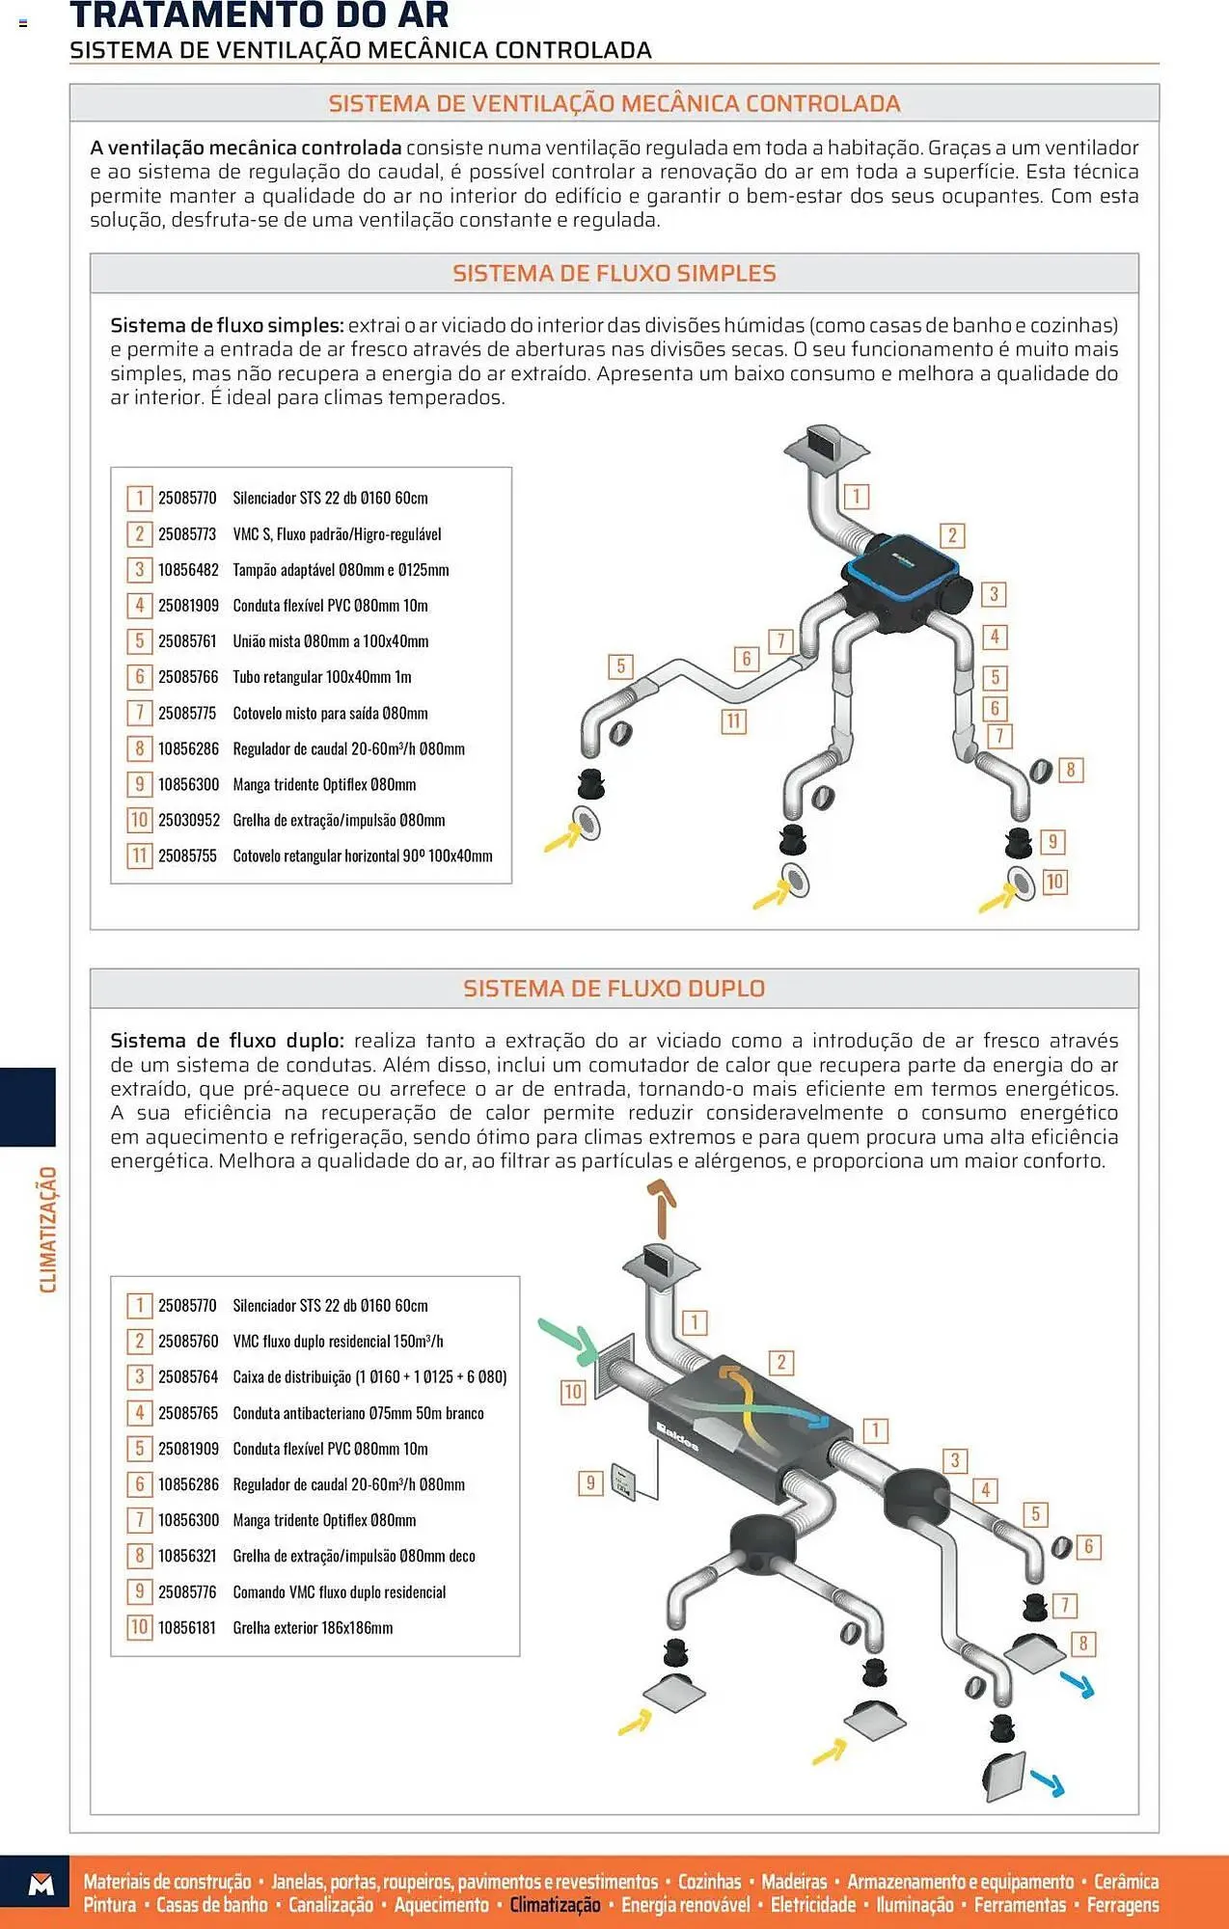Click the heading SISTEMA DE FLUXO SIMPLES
614,274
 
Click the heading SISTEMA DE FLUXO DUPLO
614,989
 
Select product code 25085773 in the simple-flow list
187,534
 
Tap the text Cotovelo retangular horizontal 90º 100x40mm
362,856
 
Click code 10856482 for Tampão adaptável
188,570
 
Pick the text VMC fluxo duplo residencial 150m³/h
338,1342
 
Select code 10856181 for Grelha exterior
187,1628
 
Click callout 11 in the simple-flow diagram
733,720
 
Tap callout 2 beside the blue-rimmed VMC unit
951,535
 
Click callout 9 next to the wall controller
589,1482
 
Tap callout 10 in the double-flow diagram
573,1392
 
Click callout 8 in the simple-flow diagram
1070,770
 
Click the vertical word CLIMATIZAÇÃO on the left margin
48,1229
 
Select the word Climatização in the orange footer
555,1905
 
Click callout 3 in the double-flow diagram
955,1460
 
